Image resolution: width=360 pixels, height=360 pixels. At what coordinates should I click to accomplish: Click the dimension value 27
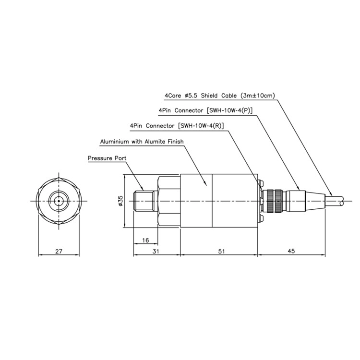point(59,252)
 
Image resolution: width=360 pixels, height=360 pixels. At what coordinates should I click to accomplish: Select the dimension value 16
point(145,240)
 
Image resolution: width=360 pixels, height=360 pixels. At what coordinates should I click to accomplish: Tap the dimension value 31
point(156,252)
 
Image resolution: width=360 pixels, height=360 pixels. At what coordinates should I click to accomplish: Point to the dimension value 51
point(221,252)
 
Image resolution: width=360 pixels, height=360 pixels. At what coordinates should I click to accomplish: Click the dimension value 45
point(291,251)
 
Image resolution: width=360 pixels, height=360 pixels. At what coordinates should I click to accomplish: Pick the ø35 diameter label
point(121,201)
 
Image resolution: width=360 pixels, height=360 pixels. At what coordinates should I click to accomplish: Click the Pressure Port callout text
point(107,158)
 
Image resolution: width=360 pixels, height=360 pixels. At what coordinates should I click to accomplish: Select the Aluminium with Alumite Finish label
point(142,142)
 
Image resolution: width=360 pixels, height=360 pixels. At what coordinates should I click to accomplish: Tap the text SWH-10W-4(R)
point(201,126)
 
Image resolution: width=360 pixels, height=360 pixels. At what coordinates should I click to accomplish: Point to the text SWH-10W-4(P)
point(229,110)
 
